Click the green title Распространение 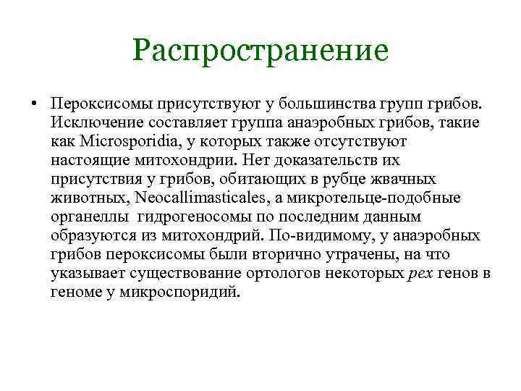[x=260, y=51]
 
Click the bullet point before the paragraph [x=34, y=103]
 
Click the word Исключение [x=94, y=121]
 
